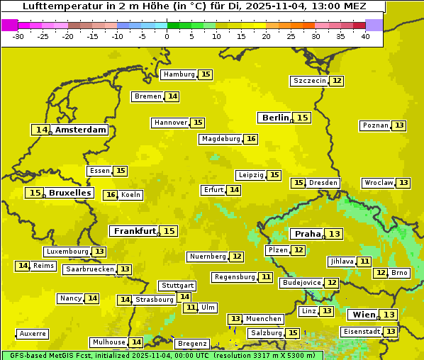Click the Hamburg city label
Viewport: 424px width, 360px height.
tap(179, 74)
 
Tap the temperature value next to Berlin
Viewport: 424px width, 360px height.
tap(303, 118)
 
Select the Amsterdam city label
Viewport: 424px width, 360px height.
tap(81, 130)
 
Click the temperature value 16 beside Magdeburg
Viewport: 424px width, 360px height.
tap(251, 139)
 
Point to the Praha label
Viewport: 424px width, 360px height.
tap(308, 234)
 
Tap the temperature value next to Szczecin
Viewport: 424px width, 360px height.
tap(337, 81)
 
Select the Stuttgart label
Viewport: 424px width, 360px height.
tap(177, 286)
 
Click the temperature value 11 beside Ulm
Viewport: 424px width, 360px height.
tap(190, 308)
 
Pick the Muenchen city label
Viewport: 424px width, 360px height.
tap(263, 319)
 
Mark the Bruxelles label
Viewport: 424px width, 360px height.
tap(69, 193)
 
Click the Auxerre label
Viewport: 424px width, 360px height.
tap(33, 334)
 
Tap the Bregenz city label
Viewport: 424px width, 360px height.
tap(192, 344)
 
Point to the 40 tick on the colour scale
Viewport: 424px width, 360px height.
tap(365, 35)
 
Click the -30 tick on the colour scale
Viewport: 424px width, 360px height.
tap(18, 35)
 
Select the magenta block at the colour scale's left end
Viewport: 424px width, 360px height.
tap(9, 25)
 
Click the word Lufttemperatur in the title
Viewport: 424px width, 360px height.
tap(60, 6)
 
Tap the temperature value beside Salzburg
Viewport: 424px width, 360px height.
tap(292, 333)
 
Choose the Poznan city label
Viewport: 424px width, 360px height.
tap(375, 125)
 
